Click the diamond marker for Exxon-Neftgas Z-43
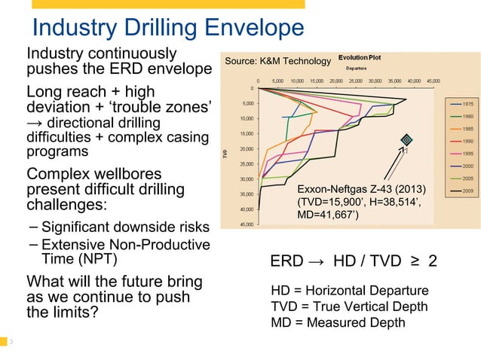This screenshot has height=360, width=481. coord(406,139)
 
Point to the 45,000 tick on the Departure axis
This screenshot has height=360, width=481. coord(433,81)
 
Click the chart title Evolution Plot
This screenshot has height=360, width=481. coord(360,58)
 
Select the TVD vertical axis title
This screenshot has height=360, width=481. coord(225,155)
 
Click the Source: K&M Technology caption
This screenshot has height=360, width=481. coord(274,61)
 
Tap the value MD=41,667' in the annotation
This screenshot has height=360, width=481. coord(329,217)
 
